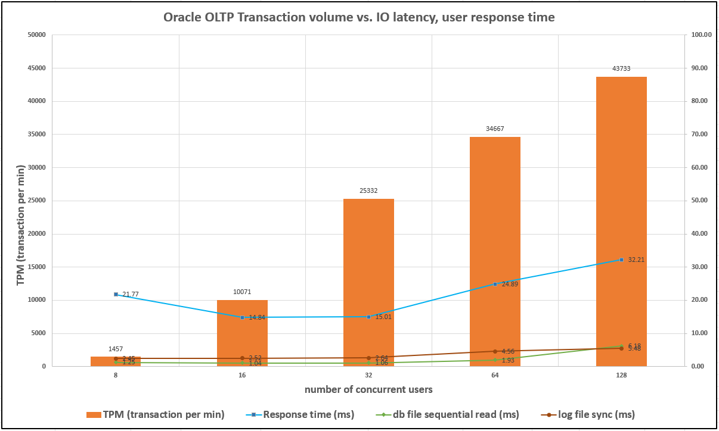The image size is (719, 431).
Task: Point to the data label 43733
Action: point(621,68)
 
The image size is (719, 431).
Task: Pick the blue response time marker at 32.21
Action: point(621,260)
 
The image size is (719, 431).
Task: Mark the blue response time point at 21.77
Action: point(116,294)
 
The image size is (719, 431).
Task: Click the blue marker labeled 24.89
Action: point(495,284)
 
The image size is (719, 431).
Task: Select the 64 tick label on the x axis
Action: point(495,376)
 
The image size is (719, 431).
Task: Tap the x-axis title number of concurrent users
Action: point(368,390)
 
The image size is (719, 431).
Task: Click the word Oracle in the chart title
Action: point(182,18)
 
